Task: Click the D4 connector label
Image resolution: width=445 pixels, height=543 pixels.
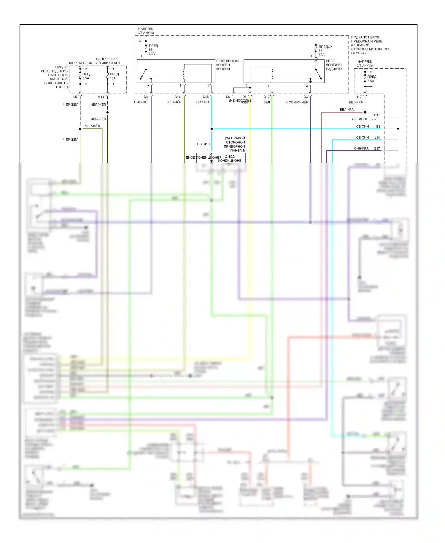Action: click(146, 97)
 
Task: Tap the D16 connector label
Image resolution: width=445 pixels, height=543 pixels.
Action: click(178, 97)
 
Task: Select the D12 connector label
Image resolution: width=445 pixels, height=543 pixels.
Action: click(267, 97)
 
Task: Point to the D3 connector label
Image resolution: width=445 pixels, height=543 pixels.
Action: click(306, 97)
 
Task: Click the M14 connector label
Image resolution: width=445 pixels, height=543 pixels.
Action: click(101, 97)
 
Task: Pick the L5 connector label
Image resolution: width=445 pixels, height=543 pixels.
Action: click(75, 97)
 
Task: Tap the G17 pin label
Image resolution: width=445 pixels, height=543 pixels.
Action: click(377, 149)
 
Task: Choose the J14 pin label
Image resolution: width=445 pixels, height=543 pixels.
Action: click(377, 138)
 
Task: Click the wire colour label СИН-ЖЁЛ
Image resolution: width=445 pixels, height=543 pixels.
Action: click(142, 102)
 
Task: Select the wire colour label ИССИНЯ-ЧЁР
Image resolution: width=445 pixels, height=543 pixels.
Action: click(297, 102)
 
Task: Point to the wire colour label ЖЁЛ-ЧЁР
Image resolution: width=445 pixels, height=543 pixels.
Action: click(174, 102)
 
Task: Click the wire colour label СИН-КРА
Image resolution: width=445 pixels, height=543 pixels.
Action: click(361, 149)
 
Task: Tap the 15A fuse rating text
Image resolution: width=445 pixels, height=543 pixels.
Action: click(113, 78)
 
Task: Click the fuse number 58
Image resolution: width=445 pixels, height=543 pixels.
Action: click(151, 50)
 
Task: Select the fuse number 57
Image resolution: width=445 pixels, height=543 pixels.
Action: click(320, 51)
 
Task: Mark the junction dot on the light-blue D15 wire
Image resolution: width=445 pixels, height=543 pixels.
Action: click(212, 129)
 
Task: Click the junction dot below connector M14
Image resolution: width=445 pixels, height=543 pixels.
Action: click(108, 112)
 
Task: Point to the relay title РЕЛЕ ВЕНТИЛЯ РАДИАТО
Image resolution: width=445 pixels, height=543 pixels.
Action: click(334, 65)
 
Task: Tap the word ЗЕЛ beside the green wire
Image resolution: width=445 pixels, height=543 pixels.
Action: click(267, 102)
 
